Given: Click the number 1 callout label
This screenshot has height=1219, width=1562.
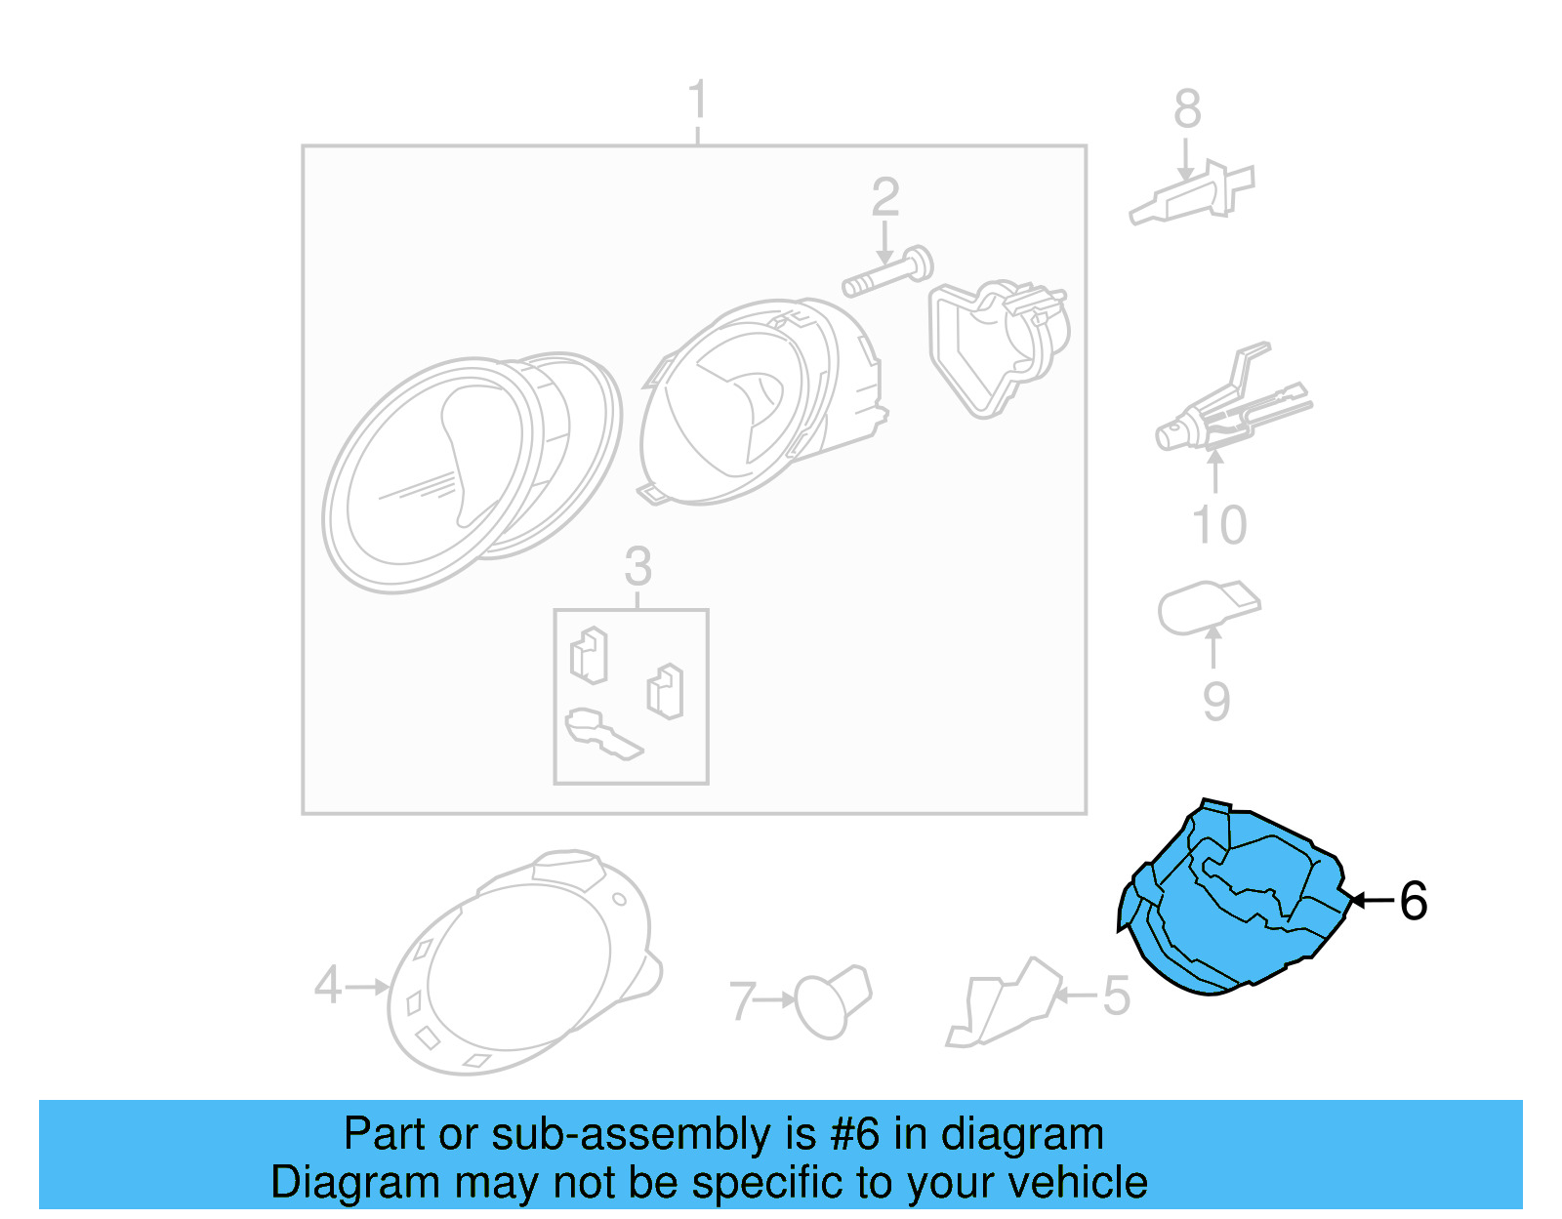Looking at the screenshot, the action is point(697,101).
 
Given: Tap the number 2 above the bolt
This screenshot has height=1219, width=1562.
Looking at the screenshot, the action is point(884,198).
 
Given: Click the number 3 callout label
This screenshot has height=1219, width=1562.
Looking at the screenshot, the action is point(637,567).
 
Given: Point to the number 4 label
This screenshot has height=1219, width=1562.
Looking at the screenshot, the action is point(328,986).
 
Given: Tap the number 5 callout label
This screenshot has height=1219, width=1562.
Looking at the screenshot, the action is point(1116,996).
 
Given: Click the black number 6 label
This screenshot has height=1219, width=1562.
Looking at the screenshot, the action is point(1413,901).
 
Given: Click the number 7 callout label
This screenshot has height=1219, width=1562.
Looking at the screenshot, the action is point(743,1001).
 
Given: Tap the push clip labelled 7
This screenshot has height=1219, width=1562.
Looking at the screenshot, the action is point(831,1000).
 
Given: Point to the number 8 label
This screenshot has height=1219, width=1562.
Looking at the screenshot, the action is point(1187,109).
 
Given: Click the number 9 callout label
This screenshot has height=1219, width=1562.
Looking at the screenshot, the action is point(1215,702).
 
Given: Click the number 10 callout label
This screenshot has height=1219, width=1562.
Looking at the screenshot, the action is point(1219,526).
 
